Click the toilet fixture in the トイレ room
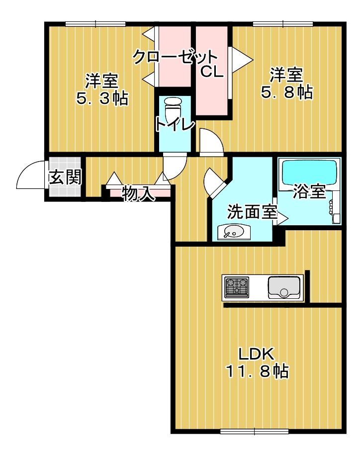point(173,108)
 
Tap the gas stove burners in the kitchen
point(237,287)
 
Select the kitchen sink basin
point(284,287)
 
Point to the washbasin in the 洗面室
point(233,232)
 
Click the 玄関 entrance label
point(65,177)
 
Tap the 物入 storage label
point(138,193)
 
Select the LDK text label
point(256,354)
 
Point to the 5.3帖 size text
point(102,98)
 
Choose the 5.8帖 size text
point(287,92)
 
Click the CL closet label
point(212,72)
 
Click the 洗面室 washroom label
point(252,211)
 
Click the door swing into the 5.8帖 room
point(211,140)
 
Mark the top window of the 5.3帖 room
point(95,24)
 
